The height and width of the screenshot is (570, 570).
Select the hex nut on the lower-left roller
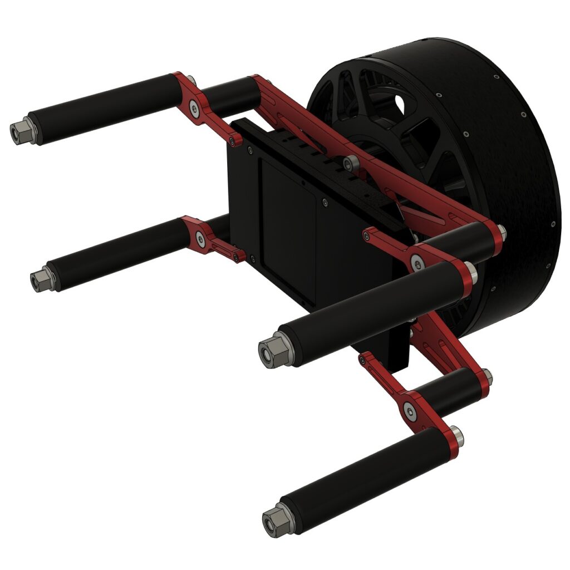coord(40,281)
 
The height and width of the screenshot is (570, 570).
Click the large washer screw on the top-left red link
coord(194,108)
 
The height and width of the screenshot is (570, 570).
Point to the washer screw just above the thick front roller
coord(416,259)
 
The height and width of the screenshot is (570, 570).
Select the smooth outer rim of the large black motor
coord(501,167)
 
